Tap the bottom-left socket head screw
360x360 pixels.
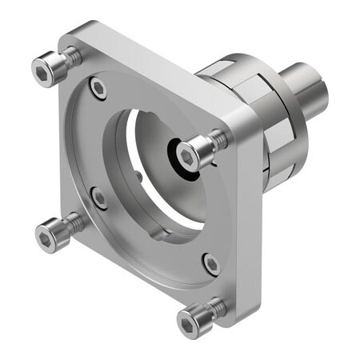[50, 235]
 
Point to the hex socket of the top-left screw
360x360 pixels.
[43, 73]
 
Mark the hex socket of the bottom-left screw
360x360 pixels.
[46, 237]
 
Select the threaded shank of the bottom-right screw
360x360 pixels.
[215, 306]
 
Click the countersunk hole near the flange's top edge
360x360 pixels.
[98, 88]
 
